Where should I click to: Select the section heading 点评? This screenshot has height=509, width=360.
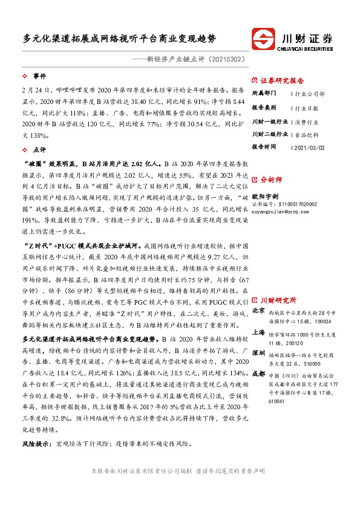click(x=39, y=149)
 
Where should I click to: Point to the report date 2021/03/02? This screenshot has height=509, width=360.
click(x=309, y=147)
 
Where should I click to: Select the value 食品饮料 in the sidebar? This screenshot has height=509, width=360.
click(x=306, y=134)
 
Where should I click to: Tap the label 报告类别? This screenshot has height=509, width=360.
click(x=264, y=107)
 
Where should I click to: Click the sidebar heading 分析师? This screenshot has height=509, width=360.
click(x=272, y=180)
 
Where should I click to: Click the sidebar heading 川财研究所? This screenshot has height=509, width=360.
click(x=278, y=300)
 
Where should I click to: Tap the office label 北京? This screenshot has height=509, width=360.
click(x=258, y=310)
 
